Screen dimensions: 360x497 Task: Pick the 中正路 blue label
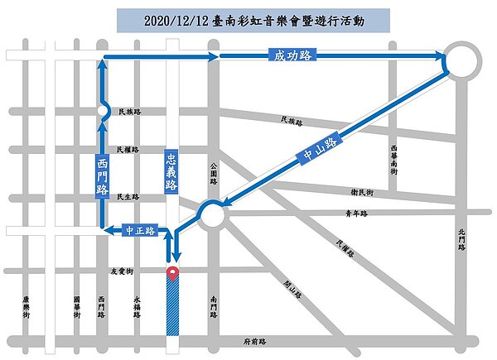coord(140,231)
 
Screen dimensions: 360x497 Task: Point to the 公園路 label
coord(213,174)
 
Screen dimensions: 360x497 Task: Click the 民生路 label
coord(128,197)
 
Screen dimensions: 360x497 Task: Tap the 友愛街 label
coord(122,271)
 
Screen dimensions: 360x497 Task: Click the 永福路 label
coord(138,308)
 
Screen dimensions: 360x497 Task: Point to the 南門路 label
coord(214,308)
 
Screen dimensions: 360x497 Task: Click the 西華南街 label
coord(393,158)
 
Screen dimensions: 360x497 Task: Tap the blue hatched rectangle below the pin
coord(172,307)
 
